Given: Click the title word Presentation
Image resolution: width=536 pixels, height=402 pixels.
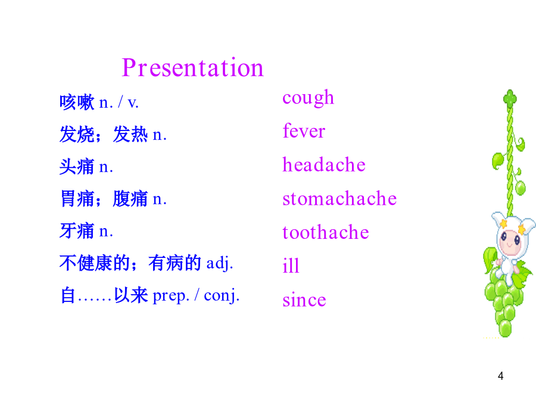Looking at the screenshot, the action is click(x=193, y=68).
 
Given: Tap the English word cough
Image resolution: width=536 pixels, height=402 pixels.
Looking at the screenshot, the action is click(x=308, y=98).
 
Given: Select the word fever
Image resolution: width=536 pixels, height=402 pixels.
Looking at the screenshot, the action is click(x=304, y=130).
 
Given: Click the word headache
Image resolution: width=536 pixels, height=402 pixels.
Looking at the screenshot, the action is click(x=324, y=164).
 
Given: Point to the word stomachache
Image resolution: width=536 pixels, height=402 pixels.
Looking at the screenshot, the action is click(x=339, y=198).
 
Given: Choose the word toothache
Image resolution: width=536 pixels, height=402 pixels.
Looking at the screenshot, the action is click(x=325, y=232).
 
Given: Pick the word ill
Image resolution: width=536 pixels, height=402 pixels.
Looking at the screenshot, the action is click(x=291, y=265).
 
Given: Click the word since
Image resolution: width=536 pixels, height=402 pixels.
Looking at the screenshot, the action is click(x=304, y=300).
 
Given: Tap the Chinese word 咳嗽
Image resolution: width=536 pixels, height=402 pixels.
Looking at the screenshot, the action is click(x=77, y=102).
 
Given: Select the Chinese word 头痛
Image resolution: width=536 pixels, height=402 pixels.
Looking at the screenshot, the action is click(x=77, y=167).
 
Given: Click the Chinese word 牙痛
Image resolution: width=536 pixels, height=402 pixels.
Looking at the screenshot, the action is click(x=77, y=230).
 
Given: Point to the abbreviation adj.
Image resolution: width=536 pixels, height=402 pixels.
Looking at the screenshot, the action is click(x=219, y=264).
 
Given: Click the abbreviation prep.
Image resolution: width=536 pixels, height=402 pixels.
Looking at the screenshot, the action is click(x=170, y=296).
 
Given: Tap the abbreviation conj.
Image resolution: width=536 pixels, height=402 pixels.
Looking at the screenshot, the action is click(x=222, y=295).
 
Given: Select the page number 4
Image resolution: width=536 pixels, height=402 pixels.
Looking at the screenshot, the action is click(x=500, y=376).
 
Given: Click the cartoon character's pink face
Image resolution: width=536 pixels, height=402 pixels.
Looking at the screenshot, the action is click(x=510, y=242).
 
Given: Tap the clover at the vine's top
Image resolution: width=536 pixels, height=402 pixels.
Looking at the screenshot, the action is click(x=510, y=98).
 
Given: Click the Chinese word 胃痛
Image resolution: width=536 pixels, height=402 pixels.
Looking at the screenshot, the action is click(x=77, y=198).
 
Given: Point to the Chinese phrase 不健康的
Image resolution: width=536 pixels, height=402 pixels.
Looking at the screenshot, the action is click(x=95, y=263).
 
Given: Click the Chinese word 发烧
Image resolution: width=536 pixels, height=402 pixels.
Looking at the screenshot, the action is click(x=77, y=134).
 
